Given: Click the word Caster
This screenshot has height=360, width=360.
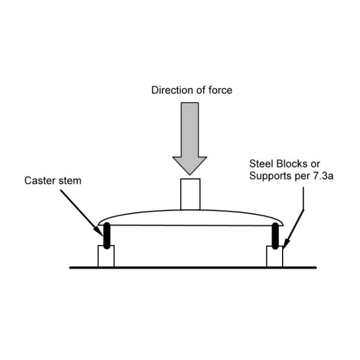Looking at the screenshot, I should click(40, 180).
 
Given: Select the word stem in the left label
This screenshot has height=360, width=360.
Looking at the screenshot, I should click(69, 180).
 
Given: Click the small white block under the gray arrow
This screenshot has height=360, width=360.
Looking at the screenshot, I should click(190, 193).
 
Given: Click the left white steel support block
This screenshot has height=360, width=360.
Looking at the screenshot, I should click(106, 256).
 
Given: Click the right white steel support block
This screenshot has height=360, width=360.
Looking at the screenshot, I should click(274, 256).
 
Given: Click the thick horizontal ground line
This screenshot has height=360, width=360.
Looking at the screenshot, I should click(192, 267).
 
